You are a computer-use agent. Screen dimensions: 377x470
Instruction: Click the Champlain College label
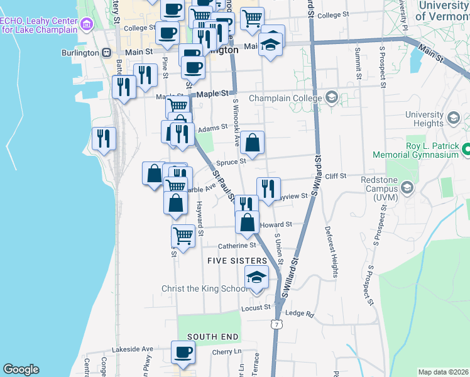tap(285, 98)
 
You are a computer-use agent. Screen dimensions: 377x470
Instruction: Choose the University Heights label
tap(424, 119)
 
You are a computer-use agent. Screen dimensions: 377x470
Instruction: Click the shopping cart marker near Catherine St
tap(183, 236)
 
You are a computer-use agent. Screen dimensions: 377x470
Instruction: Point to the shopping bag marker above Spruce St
tap(252, 143)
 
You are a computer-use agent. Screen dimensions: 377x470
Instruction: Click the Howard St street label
tap(276, 224)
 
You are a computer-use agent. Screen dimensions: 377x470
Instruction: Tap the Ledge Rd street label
tap(299, 313)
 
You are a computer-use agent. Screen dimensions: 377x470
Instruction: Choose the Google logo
tap(21, 369)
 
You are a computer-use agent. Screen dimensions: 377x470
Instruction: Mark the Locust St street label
tap(255, 308)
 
